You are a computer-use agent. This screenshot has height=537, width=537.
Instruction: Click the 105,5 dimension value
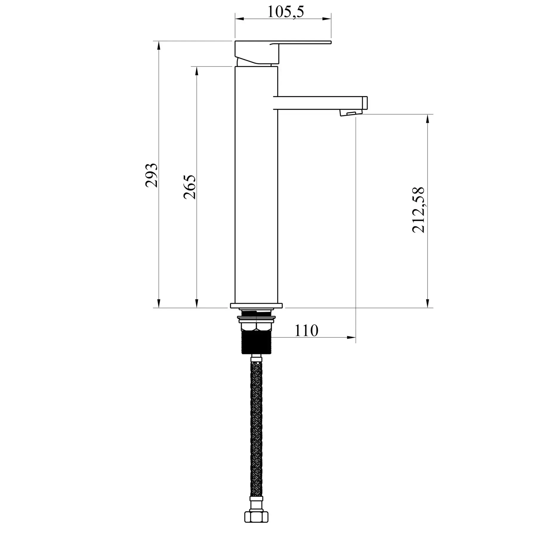286,12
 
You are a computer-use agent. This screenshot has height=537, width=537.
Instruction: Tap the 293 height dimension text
152,175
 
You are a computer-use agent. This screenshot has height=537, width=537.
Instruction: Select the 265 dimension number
190,187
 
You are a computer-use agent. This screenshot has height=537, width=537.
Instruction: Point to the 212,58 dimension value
418,210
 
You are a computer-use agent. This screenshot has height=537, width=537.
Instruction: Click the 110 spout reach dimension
306,330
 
